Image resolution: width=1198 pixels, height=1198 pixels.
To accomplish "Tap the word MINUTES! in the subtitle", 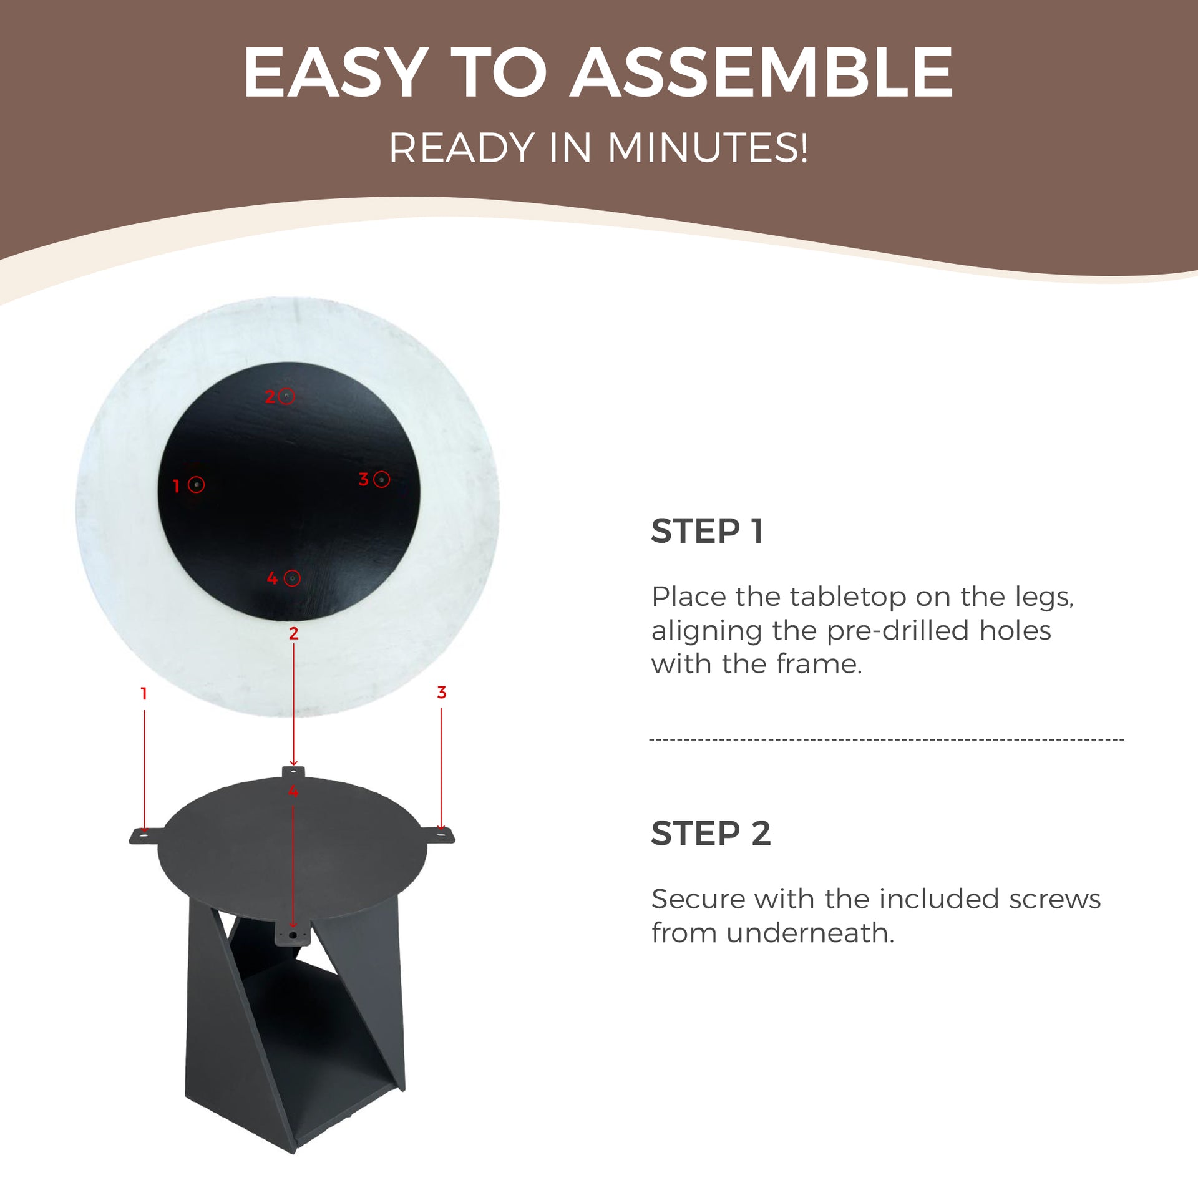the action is tap(708, 149).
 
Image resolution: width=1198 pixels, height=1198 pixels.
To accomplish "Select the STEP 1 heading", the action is tap(707, 532).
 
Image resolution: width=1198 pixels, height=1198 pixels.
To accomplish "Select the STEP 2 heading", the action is tap(711, 834).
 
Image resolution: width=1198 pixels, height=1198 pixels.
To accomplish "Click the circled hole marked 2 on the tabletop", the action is tap(286, 396).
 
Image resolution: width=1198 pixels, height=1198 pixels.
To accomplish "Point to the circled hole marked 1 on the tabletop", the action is tap(197, 485).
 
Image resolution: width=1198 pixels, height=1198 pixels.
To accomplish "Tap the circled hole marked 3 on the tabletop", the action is tap(382, 479).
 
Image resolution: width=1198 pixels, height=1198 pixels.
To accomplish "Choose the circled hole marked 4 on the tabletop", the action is tap(292, 578).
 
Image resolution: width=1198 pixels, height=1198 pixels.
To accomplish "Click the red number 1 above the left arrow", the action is tap(144, 693).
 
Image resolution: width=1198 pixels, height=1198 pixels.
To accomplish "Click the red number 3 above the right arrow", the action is tap(442, 692).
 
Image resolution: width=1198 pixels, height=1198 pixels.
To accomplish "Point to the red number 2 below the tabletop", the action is tap(294, 633).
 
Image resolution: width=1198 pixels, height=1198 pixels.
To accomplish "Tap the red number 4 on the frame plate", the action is tap(293, 792).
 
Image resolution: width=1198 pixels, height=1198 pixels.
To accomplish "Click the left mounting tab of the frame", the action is tap(147, 835).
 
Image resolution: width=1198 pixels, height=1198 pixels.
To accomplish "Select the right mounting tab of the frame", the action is tap(439, 835).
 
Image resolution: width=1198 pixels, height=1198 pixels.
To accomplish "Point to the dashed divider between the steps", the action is tap(887, 740).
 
